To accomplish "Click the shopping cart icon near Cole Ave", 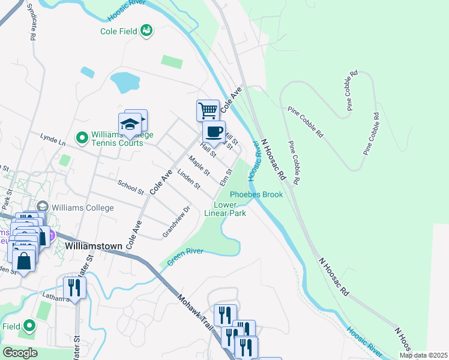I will [x=207, y=110].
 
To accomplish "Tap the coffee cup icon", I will [x=215, y=131].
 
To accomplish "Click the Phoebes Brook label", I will [x=256, y=194].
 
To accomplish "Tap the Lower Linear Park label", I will [x=225, y=209].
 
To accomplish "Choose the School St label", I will [x=131, y=188].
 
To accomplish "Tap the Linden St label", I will [x=188, y=179].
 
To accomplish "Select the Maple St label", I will [x=199, y=166].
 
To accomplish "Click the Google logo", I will [x=20, y=353].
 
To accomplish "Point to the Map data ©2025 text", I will [x=423, y=355].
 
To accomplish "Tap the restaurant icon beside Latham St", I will [x=74, y=287].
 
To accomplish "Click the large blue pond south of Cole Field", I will [x=125, y=82].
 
